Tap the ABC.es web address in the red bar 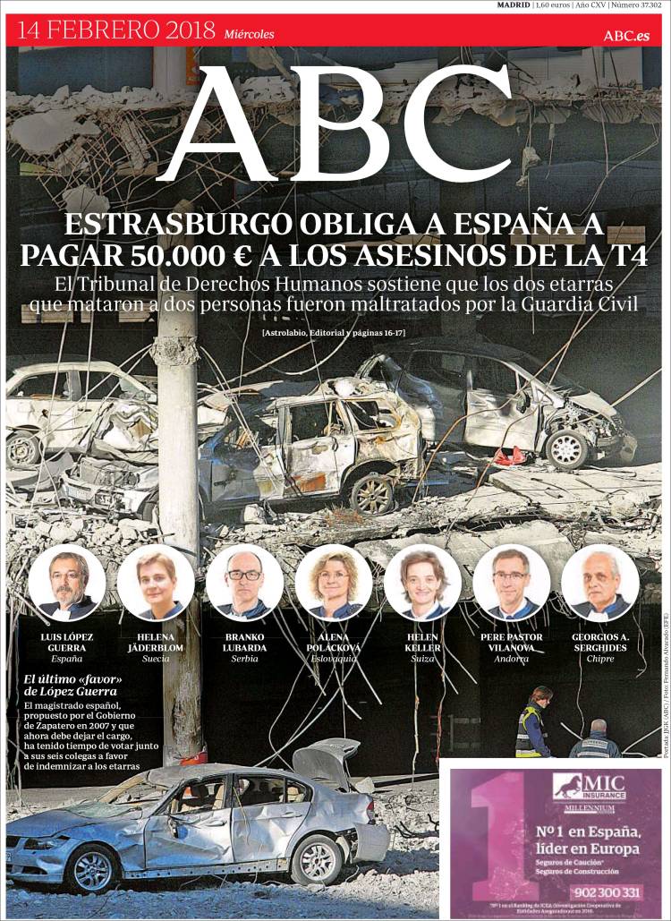click(625, 35)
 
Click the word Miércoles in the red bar click(250, 34)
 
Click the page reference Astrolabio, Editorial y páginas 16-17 click(334, 334)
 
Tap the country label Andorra click(511, 659)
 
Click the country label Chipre click(599, 659)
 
